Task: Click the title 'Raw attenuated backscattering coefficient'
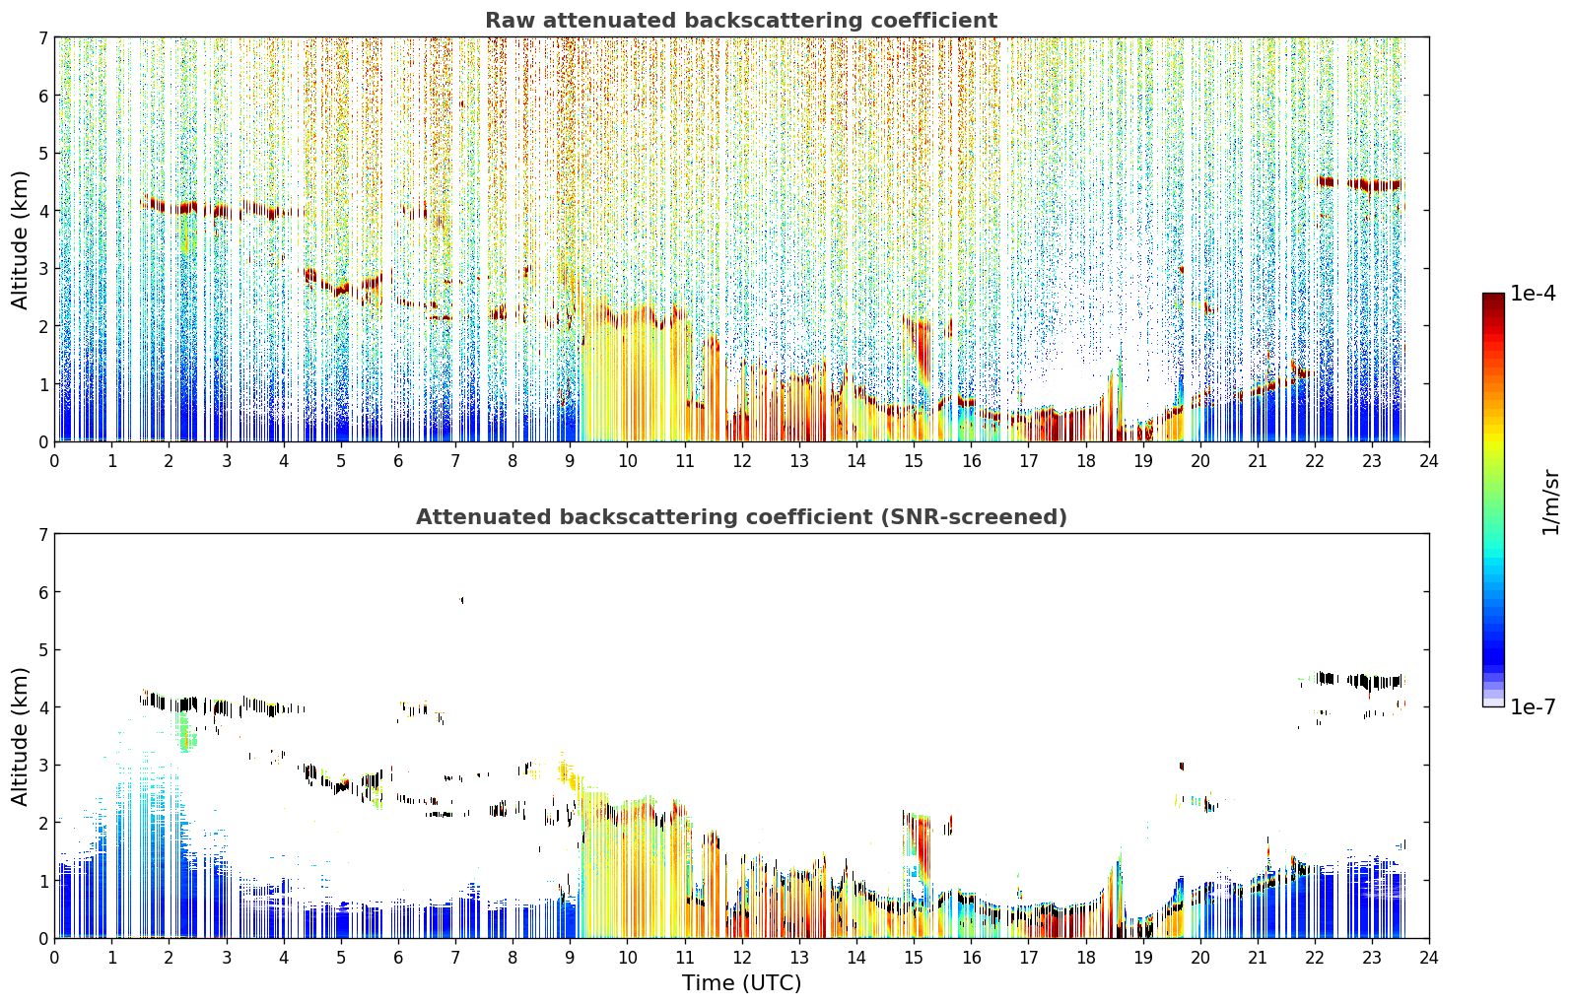[741, 21]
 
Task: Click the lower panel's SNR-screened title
[741, 517]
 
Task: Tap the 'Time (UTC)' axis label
[741, 983]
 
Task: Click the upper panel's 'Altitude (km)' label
[20, 239]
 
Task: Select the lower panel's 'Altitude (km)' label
[20, 736]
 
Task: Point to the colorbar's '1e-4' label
[1533, 294]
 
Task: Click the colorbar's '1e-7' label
[1533, 706]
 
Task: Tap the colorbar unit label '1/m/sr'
[1550, 502]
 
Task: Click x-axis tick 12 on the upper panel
[742, 461]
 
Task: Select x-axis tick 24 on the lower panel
[1429, 958]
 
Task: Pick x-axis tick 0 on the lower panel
[55, 958]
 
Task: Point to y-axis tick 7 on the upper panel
[42, 37]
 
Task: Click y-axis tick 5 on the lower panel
[42, 650]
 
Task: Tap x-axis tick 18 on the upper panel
[1086, 461]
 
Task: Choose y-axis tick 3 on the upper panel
[42, 268]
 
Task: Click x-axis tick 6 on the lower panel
[398, 958]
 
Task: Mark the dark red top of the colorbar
[1493, 298]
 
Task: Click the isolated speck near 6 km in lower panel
[461, 600]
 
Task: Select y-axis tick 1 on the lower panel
[42, 881]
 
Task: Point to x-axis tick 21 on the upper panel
[1258, 461]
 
